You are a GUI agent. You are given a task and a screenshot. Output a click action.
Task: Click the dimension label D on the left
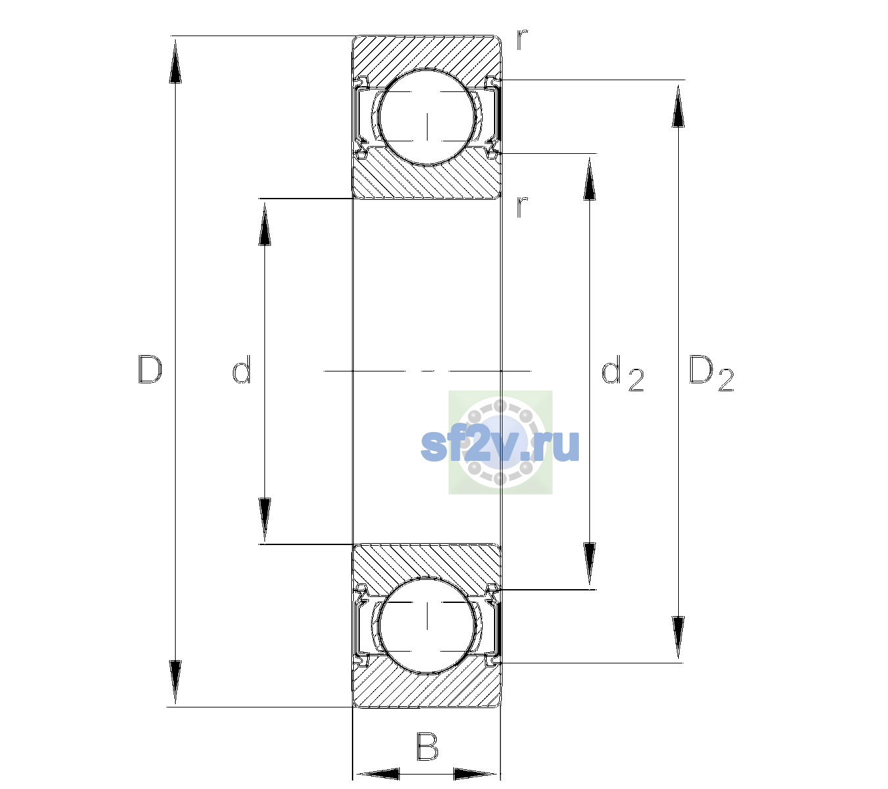click(150, 369)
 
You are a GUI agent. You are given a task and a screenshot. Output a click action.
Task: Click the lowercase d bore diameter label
click(241, 369)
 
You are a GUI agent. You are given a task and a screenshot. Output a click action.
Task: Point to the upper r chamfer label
click(522, 39)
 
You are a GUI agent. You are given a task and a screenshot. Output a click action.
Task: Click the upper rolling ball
click(427, 118)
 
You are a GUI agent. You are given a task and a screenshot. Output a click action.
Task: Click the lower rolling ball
click(427, 625)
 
